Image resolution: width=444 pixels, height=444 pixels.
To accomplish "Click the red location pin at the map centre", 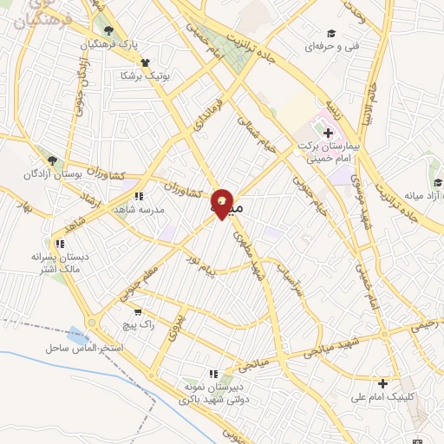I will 223,204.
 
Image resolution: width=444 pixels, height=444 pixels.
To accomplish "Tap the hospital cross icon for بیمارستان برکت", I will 328,133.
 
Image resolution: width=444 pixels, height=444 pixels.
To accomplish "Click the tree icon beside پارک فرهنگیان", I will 108,30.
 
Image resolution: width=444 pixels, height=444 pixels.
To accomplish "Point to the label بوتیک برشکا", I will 145,75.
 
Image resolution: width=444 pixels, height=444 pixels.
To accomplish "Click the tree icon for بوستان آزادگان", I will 53,160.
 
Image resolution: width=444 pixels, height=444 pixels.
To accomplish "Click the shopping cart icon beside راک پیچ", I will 137,310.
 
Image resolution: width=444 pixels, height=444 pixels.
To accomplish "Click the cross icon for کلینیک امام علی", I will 382,382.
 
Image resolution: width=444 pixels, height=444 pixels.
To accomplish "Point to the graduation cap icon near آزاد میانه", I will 437,182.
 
